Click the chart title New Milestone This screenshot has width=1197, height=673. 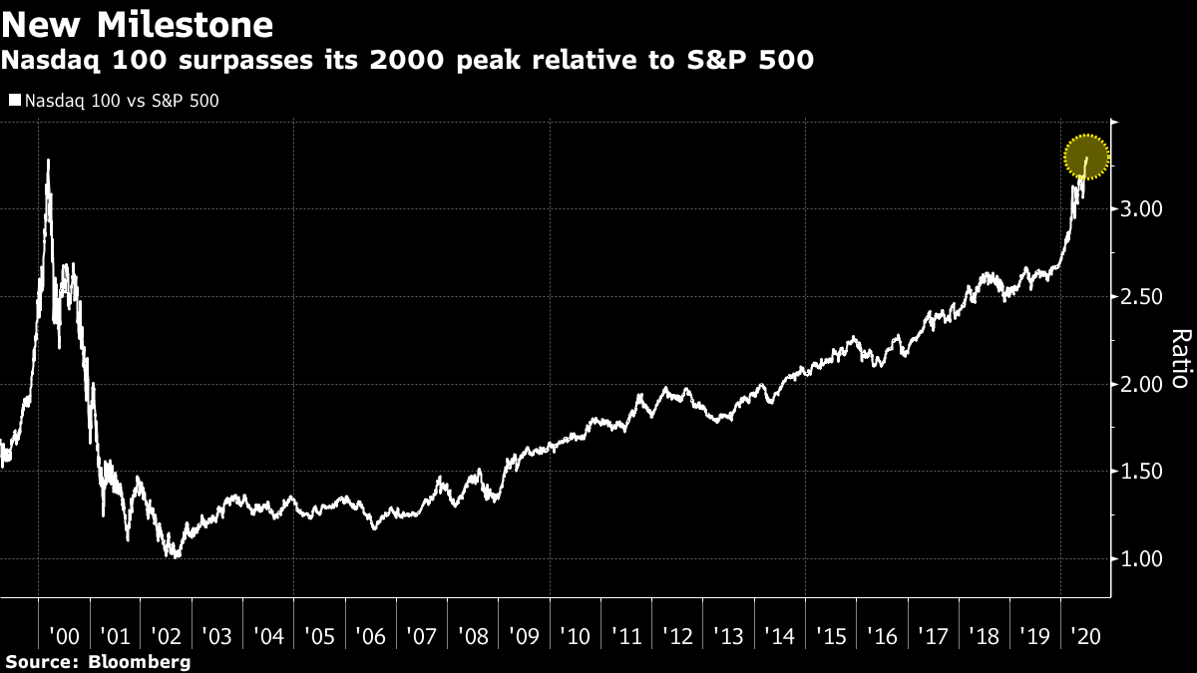tap(138, 24)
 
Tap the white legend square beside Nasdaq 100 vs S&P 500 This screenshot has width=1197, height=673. tap(14, 101)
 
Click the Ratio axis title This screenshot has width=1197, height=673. tap(1179, 359)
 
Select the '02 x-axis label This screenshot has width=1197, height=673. tap(166, 635)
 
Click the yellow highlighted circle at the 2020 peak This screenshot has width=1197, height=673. tap(1086, 157)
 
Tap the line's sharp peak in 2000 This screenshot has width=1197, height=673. tap(48, 161)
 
